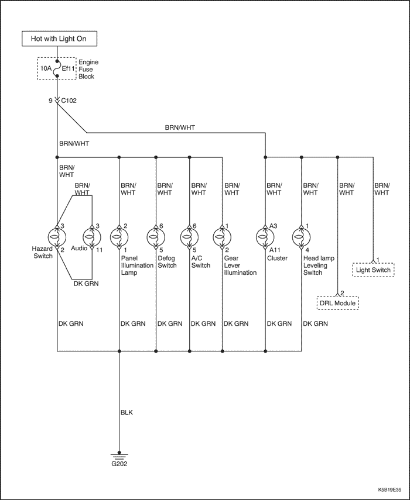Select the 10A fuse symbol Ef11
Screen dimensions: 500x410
click(57, 68)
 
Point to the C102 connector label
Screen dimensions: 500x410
click(69, 101)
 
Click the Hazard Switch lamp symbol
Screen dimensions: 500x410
click(57, 237)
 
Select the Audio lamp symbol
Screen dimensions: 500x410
click(93, 237)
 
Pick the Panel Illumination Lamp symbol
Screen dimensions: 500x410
click(119, 237)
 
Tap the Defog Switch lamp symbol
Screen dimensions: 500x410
click(156, 237)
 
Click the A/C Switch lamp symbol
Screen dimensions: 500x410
click(190, 237)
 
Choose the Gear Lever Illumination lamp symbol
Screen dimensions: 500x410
click(223, 237)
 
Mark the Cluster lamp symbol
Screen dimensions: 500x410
click(265, 237)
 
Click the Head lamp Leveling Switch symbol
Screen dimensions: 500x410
click(302, 237)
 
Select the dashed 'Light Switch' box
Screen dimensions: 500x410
click(373, 270)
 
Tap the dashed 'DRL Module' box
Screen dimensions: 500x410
click(338, 304)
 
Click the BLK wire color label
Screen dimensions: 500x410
click(127, 412)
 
